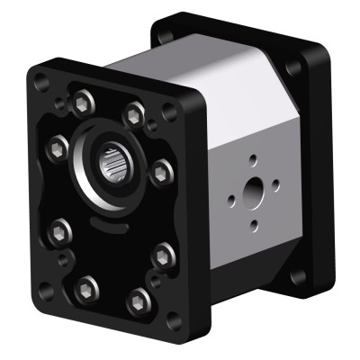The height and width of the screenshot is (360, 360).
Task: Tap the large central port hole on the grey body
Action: click(255, 192)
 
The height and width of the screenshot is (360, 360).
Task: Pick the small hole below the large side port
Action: click(255, 224)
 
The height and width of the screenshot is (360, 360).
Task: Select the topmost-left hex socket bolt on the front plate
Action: click(80, 99)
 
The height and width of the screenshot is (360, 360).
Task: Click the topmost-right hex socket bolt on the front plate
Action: click(134, 114)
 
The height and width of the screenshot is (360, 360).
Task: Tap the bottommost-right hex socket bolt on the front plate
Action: click(137, 302)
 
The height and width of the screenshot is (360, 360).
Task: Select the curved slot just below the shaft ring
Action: click(106, 216)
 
